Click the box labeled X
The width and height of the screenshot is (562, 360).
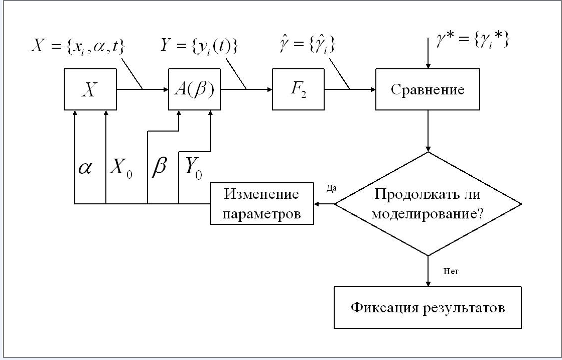[89, 90]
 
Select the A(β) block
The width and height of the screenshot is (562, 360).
[194, 90]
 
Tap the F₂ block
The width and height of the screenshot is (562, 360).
[298, 90]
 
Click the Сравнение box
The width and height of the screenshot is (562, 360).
[428, 90]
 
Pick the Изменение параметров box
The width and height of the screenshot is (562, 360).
[261, 204]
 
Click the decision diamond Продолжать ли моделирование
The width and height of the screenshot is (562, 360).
[428, 204]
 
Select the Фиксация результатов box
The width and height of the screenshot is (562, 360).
[428, 307]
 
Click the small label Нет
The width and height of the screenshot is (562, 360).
[451, 272]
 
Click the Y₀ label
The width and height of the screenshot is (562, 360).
[193, 168]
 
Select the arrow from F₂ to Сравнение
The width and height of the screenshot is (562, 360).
[350, 90]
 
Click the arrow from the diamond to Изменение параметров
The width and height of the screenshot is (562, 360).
[325, 204]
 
